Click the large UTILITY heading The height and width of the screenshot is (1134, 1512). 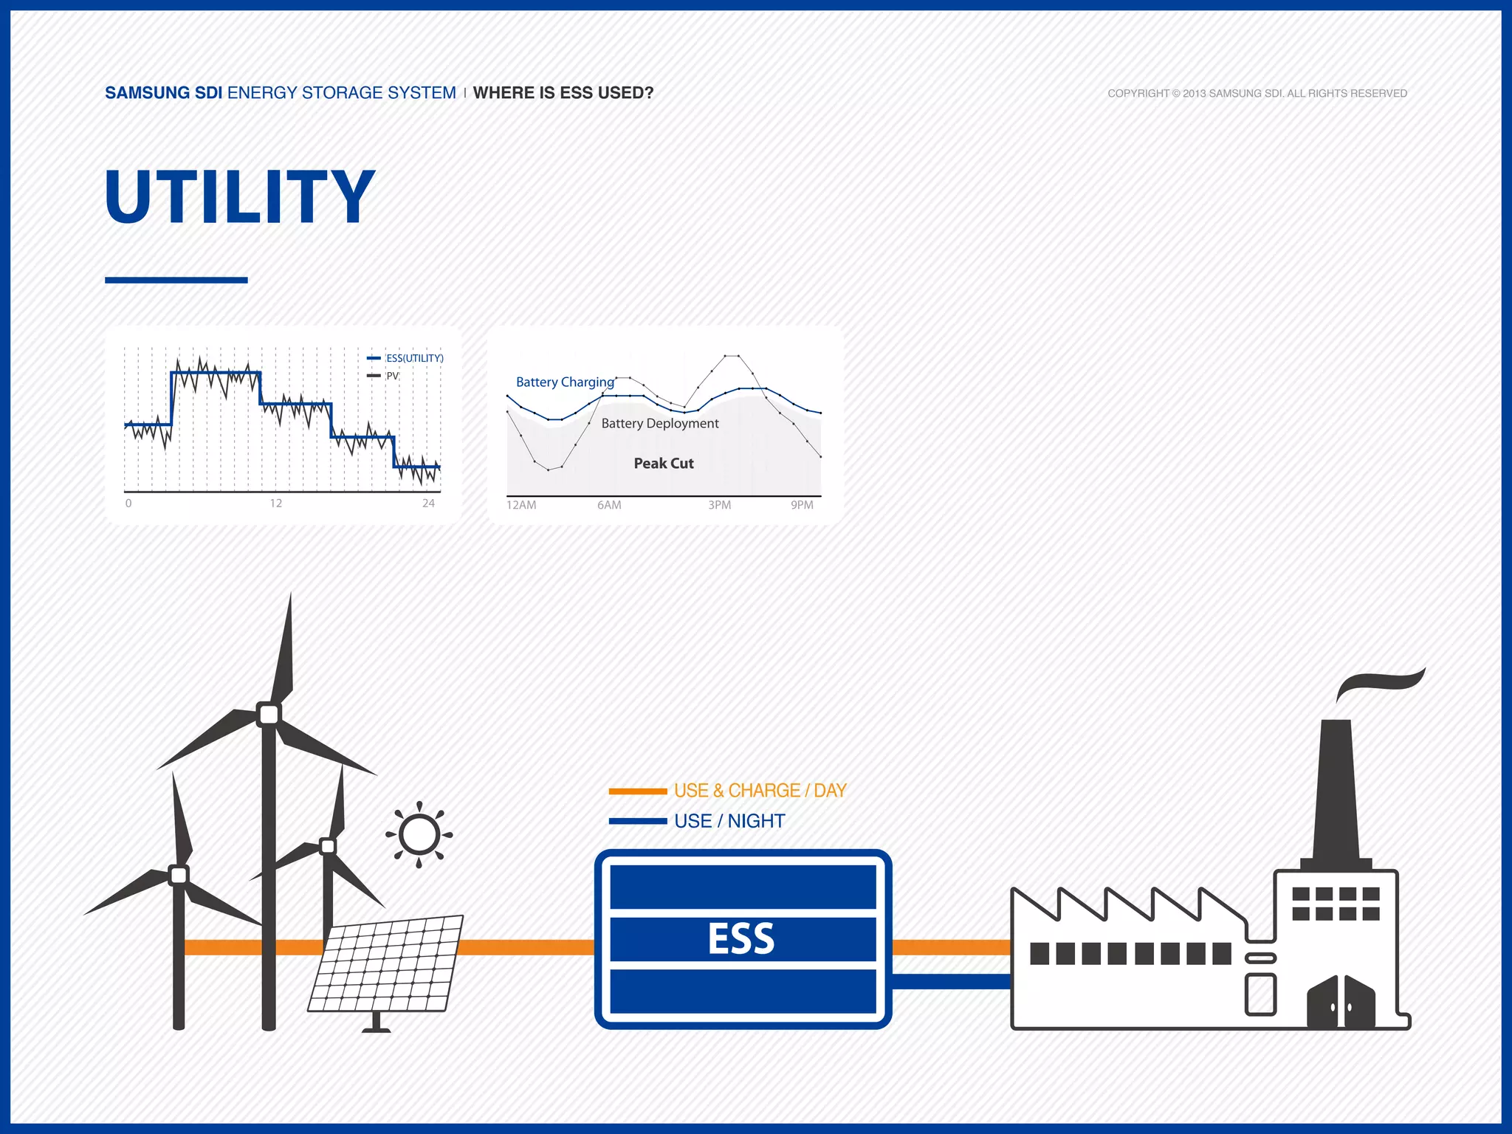(x=240, y=196)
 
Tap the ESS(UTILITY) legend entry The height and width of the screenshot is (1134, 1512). (x=414, y=358)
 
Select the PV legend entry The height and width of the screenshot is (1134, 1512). (x=392, y=376)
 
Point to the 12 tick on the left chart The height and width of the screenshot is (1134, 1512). (x=275, y=504)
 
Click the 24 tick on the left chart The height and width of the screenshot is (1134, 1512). (x=428, y=504)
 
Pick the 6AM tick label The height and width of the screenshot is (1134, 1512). (x=609, y=505)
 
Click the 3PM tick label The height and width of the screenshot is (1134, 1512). (x=719, y=505)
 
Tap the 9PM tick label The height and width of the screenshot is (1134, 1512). (x=802, y=505)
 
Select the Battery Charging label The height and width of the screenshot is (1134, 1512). (x=565, y=382)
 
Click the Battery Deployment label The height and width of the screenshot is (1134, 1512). (x=660, y=423)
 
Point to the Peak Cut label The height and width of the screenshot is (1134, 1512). (x=664, y=464)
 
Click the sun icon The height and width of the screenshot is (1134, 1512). (x=419, y=835)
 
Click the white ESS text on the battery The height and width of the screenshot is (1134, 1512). (x=741, y=939)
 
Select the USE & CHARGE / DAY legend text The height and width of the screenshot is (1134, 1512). (x=760, y=791)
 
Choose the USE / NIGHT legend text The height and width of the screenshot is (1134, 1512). (x=729, y=821)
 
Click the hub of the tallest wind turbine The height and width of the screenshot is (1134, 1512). (x=269, y=714)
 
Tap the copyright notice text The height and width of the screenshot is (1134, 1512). (x=1257, y=93)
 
